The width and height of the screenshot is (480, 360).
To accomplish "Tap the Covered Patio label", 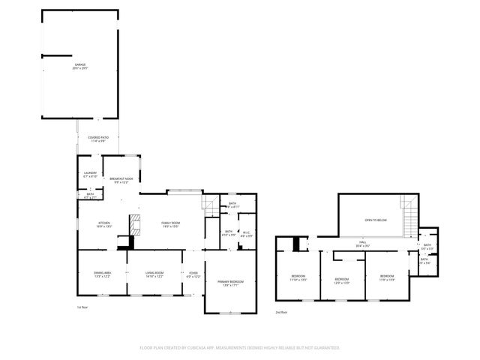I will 100,138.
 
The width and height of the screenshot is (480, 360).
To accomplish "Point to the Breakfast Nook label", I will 121,180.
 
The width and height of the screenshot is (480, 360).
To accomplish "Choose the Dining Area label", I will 102,275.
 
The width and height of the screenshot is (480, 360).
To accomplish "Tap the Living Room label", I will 154,275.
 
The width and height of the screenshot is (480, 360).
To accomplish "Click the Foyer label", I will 193,274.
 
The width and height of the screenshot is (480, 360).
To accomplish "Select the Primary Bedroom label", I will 231,282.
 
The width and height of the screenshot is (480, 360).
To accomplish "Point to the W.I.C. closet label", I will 246,235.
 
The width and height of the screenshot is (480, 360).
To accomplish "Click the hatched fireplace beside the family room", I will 135,224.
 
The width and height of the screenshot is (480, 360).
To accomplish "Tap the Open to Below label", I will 375,220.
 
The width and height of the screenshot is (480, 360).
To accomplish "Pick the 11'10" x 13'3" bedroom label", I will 298,278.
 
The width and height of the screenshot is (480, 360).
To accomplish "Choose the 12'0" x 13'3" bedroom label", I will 341,280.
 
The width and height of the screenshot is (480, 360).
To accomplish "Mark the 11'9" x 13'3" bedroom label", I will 386,277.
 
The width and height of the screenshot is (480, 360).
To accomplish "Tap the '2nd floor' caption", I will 280,310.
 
